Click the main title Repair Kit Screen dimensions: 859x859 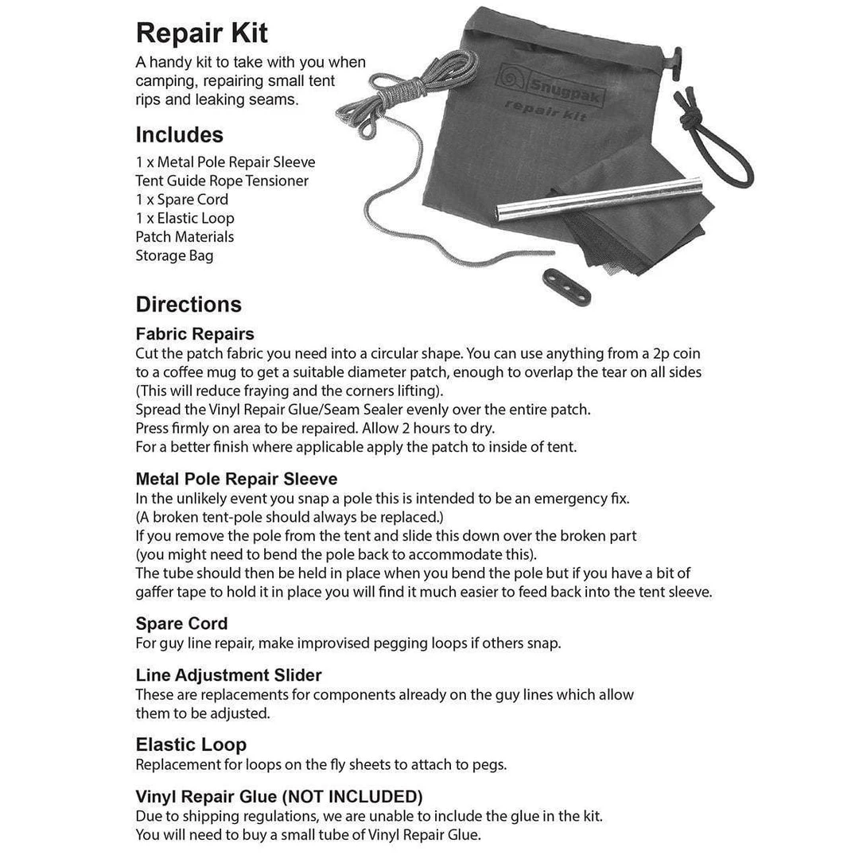tap(202, 33)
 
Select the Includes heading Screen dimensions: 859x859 tap(179, 134)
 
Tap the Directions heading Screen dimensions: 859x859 tap(189, 305)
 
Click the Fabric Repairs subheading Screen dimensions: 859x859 tap(195, 334)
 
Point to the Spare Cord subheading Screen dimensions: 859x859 tap(181, 624)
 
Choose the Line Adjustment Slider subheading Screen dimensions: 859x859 tap(228, 675)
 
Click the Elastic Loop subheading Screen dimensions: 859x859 tap(191, 745)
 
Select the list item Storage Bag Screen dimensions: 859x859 tap(174, 255)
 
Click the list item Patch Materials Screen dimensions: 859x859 tap(185, 236)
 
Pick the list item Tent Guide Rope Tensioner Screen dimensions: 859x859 tap(222, 181)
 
